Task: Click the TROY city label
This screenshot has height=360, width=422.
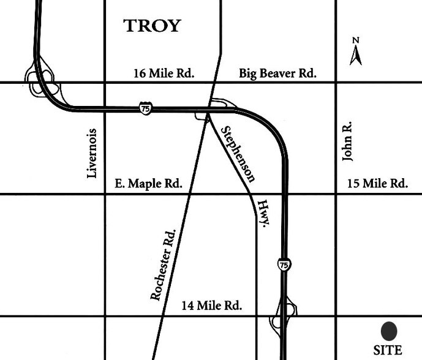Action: click(153, 26)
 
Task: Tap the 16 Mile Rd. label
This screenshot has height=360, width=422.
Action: click(163, 73)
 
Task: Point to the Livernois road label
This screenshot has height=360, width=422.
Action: click(92, 153)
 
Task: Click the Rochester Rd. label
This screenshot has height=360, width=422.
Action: click(163, 264)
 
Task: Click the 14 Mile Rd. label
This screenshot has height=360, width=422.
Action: click(213, 305)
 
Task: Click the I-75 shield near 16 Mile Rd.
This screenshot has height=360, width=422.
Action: click(145, 108)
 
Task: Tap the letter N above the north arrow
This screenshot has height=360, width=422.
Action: click(355, 40)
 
